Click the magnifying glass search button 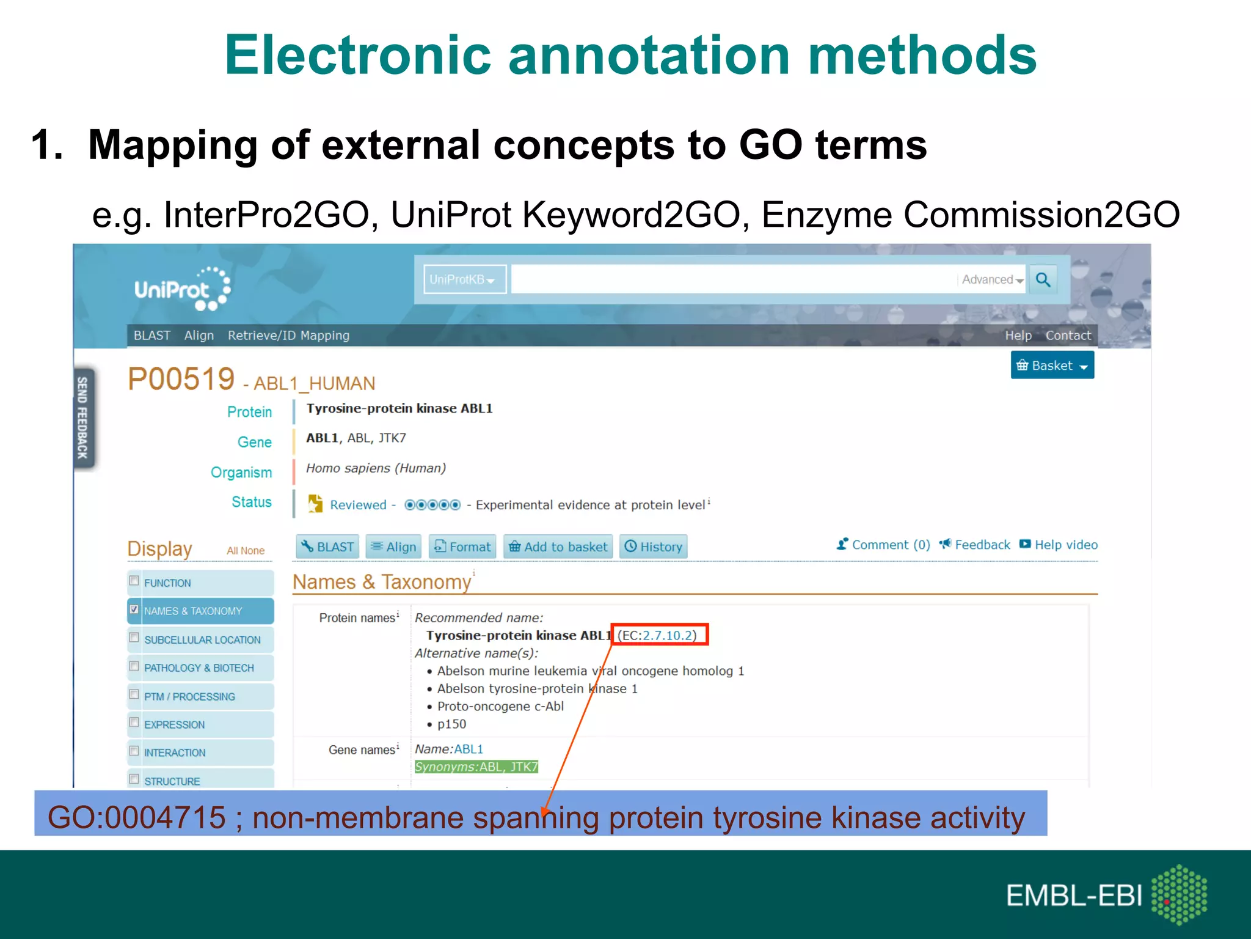pyautogui.click(x=1043, y=280)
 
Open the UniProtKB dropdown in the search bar pyautogui.click(x=464, y=280)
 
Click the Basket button pyautogui.click(x=1052, y=366)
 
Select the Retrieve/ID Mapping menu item pyautogui.click(x=288, y=336)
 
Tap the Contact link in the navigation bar pyautogui.click(x=1068, y=336)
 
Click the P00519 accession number pyautogui.click(x=181, y=379)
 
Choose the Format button pyautogui.click(x=462, y=547)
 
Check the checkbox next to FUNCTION pyautogui.click(x=134, y=581)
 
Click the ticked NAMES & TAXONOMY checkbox pyautogui.click(x=134, y=609)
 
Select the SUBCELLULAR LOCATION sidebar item pyautogui.click(x=202, y=639)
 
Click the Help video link pyautogui.click(x=1065, y=545)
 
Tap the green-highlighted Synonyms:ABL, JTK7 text pyautogui.click(x=476, y=767)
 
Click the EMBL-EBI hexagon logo pyautogui.click(x=1179, y=894)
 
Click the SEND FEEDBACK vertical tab pyautogui.click(x=83, y=418)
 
